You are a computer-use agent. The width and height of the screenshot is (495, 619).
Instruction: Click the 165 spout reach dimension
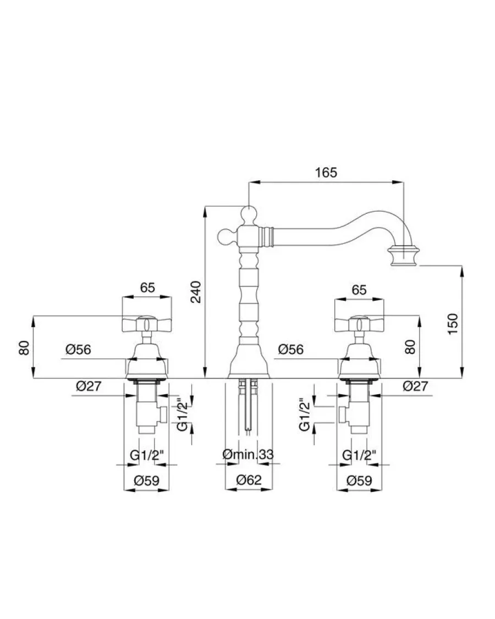pyautogui.click(x=326, y=173)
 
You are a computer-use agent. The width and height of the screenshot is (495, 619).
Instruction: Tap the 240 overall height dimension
pyautogui.click(x=196, y=292)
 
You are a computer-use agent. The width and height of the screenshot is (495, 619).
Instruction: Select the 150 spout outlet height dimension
pyautogui.click(x=453, y=324)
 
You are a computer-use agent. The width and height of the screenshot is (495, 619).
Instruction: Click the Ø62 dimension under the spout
pyautogui.click(x=249, y=480)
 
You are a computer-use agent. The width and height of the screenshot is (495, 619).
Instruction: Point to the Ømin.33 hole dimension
pyautogui.click(x=248, y=455)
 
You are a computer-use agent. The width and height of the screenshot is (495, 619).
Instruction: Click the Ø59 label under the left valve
pyautogui.click(x=146, y=480)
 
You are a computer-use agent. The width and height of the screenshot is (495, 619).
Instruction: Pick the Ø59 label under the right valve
pyautogui.click(x=359, y=480)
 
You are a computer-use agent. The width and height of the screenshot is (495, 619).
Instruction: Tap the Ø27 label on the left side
pyautogui.click(x=89, y=386)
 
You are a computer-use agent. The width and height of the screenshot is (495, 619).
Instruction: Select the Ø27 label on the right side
pyautogui.click(x=415, y=386)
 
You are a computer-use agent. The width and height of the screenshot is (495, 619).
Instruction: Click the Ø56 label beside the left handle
pyautogui.click(x=78, y=350)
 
